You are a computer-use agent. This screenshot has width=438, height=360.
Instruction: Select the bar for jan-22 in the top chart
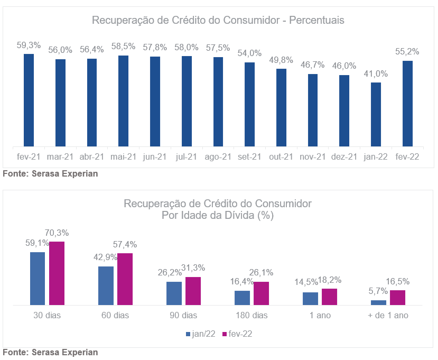(376, 114)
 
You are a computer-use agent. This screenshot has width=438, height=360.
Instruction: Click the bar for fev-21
(29, 100)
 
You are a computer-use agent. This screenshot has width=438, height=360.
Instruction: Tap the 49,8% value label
(281, 59)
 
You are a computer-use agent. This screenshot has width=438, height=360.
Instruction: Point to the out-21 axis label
(281, 156)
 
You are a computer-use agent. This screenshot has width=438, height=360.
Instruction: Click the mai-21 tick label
(123, 156)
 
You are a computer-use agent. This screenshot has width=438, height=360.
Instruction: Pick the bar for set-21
(249, 104)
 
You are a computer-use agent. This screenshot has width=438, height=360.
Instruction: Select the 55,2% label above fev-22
(407, 51)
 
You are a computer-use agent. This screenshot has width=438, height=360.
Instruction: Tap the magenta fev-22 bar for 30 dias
(57, 273)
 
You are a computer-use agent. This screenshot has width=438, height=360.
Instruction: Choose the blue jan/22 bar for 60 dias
(106, 285)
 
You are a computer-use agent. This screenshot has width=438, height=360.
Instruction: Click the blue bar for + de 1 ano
(378, 302)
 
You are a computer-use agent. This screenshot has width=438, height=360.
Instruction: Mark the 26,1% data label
(262, 272)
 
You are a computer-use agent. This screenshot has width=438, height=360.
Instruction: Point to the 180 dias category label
(251, 316)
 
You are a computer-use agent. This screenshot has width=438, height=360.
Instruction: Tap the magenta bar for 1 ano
(329, 297)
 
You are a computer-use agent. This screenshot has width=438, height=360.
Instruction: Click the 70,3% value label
(57, 233)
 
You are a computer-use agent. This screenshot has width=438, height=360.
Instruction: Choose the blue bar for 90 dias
(174, 293)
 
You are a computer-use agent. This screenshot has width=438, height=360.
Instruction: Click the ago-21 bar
(218, 101)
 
